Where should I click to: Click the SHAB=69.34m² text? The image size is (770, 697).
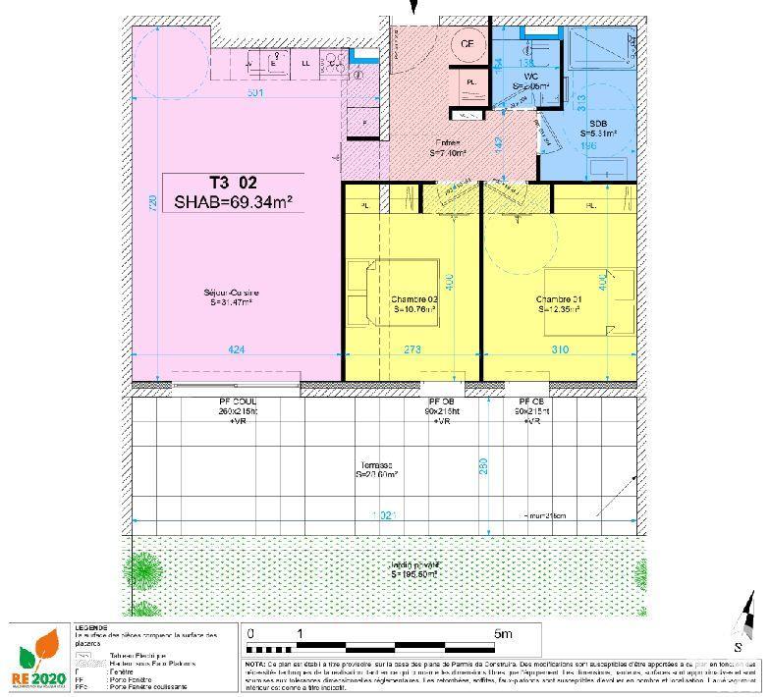tap(234, 203)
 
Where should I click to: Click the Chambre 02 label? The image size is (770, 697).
tap(413, 303)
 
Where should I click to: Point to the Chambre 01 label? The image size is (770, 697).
tap(559, 303)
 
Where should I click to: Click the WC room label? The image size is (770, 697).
tap(531, 80)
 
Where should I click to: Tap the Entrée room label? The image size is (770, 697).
tap(447, 147)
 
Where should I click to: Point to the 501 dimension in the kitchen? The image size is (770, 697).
tap(255, 93)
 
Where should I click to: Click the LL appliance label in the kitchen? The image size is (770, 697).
tap(305, 63)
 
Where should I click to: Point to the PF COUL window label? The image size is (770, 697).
tap(238, 403)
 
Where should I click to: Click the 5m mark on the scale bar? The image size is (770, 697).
tap(504, 634)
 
